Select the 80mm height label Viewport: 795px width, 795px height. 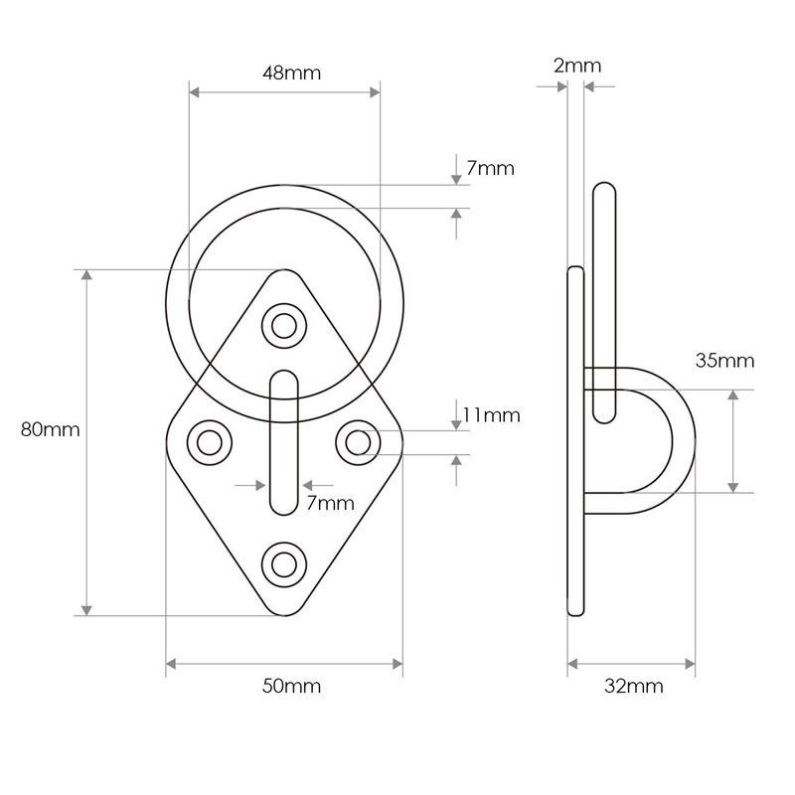tap(50, 430)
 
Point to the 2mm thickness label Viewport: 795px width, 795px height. tap(576, 67)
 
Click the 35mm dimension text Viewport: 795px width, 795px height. tap(725, 361)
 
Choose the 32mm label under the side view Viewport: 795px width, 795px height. tap(633, 687)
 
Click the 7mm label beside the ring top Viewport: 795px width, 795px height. tap(490, 168)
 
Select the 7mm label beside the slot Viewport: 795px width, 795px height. tap(330, 503)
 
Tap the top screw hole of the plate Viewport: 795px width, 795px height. tap(284, 325)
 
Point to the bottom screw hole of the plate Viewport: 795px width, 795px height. tap(284, 563)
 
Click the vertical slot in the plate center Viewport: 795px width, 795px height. tap(284, 442)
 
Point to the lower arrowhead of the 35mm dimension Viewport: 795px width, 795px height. tap(733, 485)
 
